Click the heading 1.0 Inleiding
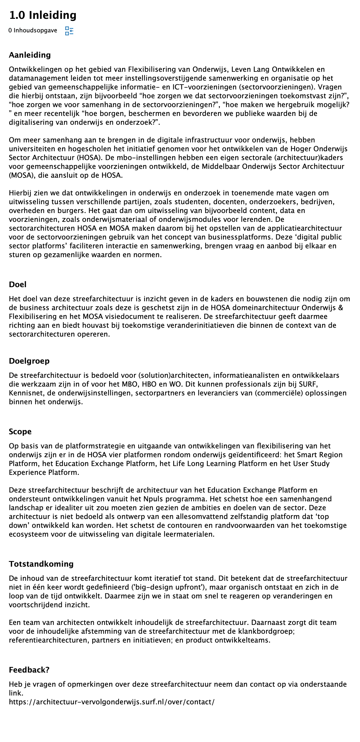tap(43, 15)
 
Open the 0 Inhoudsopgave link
tap(33, 30)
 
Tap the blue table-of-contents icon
tap(69, 31)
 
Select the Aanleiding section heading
tap(30, 55)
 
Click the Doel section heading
tap(18, 285)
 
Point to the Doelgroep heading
tap(29, 361)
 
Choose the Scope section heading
tap(20, 432)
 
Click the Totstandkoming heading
tap(41, 564)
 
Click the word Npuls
tap(153, 499)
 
